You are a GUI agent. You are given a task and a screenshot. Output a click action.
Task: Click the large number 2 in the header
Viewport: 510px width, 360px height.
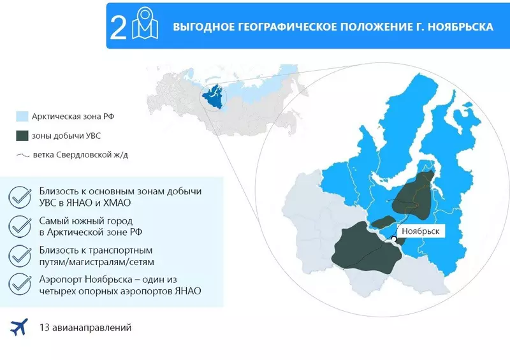(119, 28)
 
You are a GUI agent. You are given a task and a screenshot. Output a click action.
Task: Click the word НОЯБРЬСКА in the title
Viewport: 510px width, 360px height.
(461, 28)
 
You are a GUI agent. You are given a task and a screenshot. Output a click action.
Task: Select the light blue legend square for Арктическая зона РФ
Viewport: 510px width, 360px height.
(22, 117)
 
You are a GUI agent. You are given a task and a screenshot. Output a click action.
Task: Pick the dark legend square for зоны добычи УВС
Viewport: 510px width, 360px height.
(22, 135)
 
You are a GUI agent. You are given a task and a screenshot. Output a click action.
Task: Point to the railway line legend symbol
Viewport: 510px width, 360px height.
(23, 155)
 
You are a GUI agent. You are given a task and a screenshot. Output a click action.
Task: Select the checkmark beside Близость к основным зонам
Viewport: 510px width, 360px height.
(20, 197)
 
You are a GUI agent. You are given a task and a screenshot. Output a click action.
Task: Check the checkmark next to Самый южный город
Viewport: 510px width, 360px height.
(20, 226)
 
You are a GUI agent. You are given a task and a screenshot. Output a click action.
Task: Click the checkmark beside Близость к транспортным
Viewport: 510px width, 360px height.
(20, 256)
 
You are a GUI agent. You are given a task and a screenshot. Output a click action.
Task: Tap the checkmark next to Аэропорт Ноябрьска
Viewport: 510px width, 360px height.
(20, 285)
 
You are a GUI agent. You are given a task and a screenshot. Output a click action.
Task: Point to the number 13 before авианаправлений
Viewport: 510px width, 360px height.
(45, 328)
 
